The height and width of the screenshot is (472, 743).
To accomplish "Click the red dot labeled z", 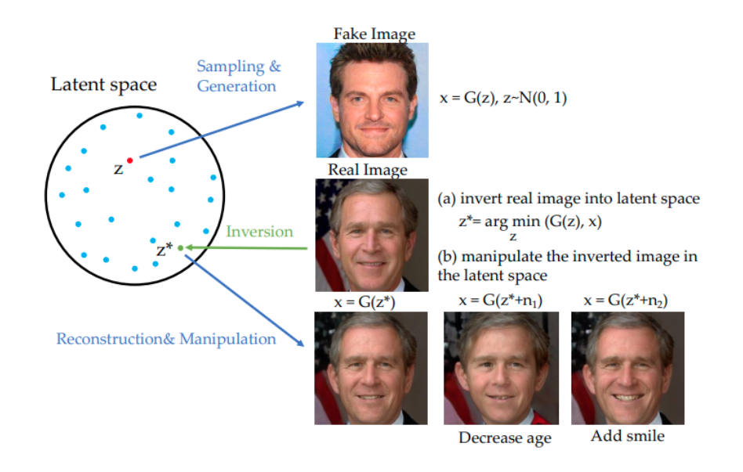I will pos(130,160).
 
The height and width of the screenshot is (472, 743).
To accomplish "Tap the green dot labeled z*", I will pos(181,248).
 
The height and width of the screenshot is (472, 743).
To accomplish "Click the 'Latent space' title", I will pos(103,85).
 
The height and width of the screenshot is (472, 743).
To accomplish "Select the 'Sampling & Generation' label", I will pos(237,76).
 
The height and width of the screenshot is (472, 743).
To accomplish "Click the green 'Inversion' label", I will pos(259,232).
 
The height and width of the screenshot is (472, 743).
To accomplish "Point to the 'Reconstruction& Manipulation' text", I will pos(166,339).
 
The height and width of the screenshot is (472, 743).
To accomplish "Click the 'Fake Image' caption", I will pos(374,34).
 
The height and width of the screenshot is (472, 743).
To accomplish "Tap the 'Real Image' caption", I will pos(371,170).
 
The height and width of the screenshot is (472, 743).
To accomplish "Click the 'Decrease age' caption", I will pos(504,438).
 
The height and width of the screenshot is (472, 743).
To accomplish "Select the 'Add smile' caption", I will pos(627,436).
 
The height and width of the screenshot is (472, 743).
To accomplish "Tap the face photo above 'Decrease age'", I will pos(501,368).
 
